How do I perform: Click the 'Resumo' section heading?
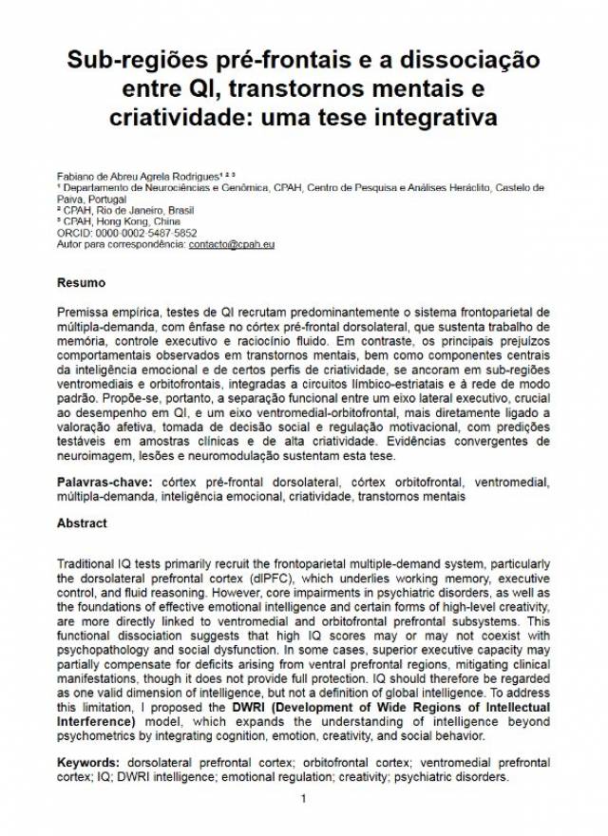click(81, 282)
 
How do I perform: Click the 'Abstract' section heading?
click(82, 523)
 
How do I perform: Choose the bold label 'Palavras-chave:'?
click(105, 483)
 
